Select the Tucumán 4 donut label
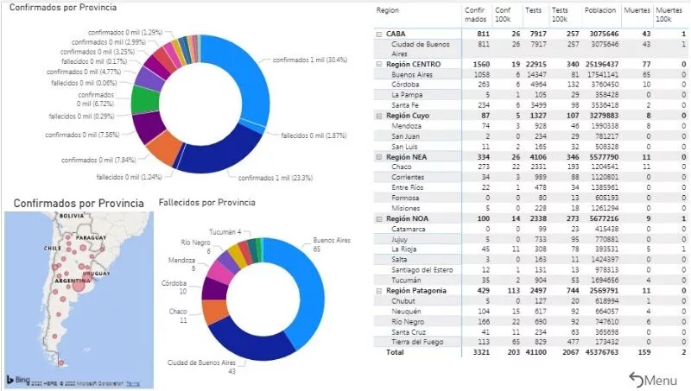[x=227, y=231]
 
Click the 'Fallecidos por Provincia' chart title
[x=207, y=202]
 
